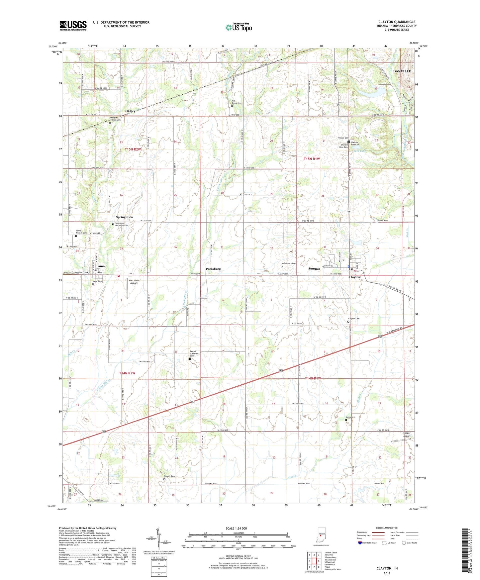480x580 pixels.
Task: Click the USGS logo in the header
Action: (73, 26)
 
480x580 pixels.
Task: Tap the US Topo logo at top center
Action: (239, 27)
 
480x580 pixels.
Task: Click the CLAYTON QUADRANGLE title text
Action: (397, 22)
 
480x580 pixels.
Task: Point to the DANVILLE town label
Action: (402, 71)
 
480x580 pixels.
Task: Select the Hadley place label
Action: (130, 111)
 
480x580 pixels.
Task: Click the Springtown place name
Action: (124, 217)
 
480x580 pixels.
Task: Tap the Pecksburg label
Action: (213, 268)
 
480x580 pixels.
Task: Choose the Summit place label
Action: (314, 268)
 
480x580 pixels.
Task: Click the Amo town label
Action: (101, 266)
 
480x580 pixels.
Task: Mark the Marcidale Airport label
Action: (134, 282)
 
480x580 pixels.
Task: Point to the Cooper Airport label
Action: (407, 435)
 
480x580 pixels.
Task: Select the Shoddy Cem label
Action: (169, 476)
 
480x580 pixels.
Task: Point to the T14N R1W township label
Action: (313, 378)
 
